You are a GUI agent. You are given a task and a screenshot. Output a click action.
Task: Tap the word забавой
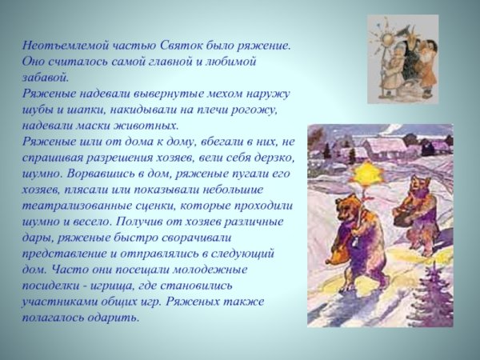(x=45, y=78)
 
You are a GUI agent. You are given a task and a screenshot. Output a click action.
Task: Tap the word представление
(x=66, y=253)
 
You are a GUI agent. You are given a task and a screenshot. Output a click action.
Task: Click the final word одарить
(x=114, y=317)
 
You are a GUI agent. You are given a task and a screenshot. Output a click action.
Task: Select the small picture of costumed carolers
(x=402, y=58)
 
